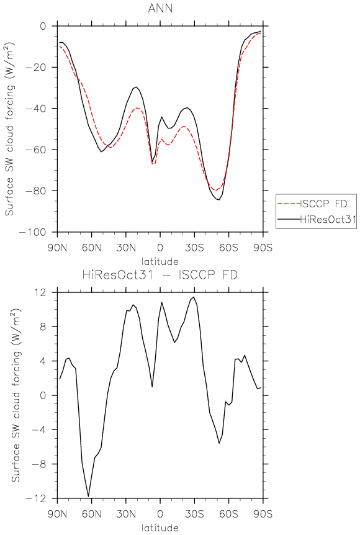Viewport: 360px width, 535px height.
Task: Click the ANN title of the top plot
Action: point(160,8)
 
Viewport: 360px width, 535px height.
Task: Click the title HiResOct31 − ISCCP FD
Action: point(160,275)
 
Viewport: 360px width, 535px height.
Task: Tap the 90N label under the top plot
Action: point(57,248)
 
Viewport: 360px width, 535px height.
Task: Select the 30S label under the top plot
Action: point(194,248)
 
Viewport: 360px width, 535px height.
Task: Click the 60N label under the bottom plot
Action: point(91,514)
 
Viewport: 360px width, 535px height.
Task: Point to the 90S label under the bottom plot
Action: point(263,514)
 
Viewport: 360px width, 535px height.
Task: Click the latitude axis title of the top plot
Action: point(160,262)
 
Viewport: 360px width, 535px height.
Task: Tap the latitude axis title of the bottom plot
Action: point(160,528)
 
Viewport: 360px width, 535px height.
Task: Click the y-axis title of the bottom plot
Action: point(16,395)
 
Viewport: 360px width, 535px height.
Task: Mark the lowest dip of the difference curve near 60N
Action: point(89,496)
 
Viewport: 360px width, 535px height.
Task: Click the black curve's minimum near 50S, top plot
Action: point(218,200)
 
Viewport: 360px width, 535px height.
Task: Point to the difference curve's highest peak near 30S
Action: point(194,297)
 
